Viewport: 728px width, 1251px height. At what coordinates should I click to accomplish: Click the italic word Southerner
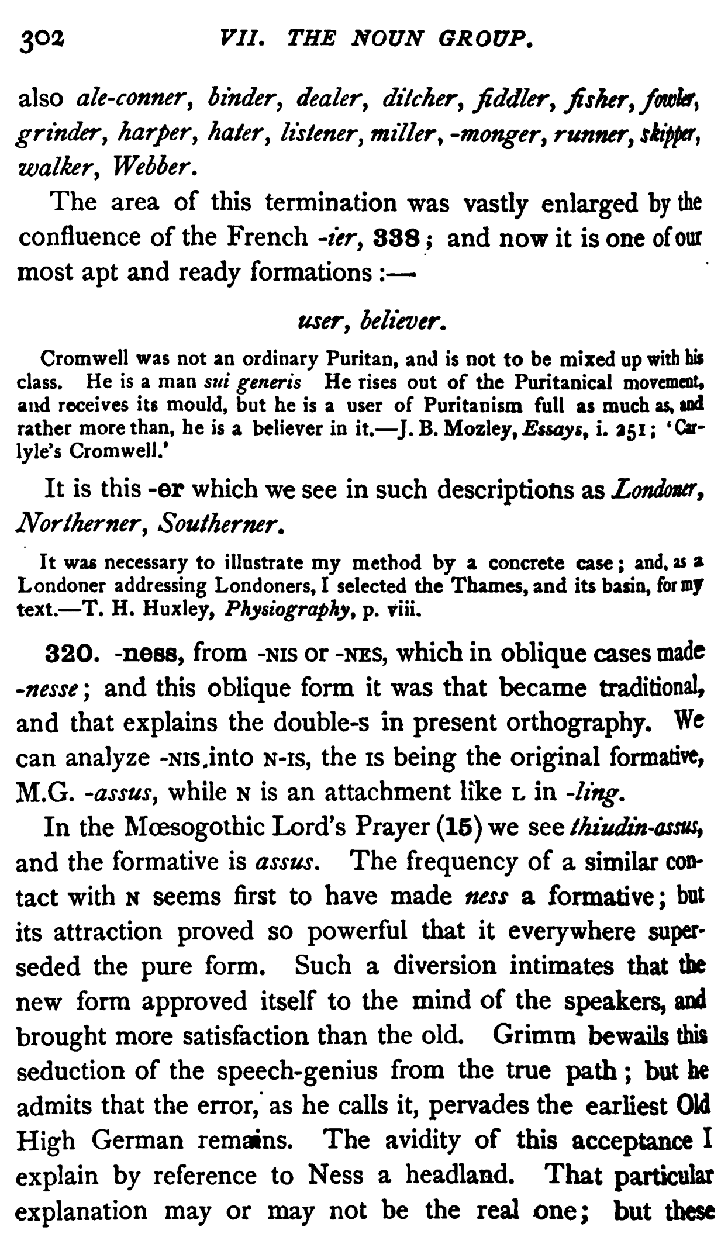pyautogui.click(x=214, y=523)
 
